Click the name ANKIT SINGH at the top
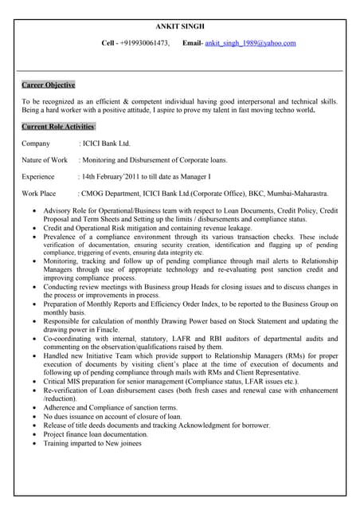(x=179, y=26)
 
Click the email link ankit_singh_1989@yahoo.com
(x=250, y=43)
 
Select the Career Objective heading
(x=49, y=84)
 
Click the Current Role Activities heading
(x=58, y=127)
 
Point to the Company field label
(x=36, y=143)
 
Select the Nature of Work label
(x=45, y=160)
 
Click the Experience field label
(x=38, y=177)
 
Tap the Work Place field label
(x=39, y=194)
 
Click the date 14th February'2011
(x=112, y=177)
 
